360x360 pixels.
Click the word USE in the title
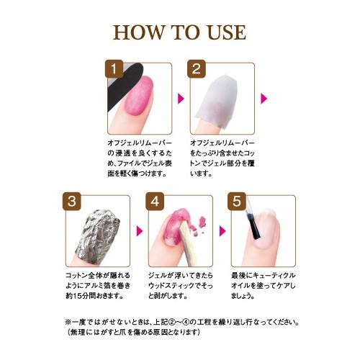pos(227,32)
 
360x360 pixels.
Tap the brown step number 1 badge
pos(114,69)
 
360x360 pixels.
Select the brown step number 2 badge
pos(197,69)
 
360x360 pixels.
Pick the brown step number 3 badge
pos(72,201)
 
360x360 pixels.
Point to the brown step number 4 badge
pos(155,201)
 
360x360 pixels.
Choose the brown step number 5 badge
pos(237,201)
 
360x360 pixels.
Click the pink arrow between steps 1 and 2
pos(181,99)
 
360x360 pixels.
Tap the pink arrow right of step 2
pos(264,99)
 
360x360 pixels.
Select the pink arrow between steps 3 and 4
pos(140,231)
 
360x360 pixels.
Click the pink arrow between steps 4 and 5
pos(222,231)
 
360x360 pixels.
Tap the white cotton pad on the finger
pos(217,102)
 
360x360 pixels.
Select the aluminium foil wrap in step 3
pos(98,236)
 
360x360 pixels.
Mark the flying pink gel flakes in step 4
pos(200,225)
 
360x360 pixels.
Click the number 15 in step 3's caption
pos(76,296)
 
